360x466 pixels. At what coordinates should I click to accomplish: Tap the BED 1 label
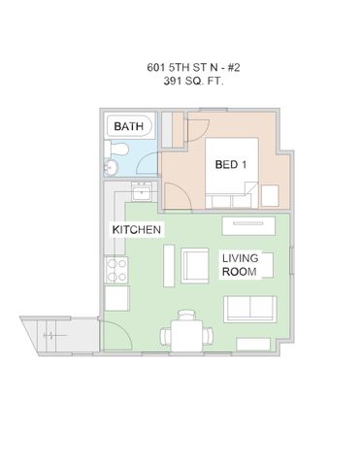pos(230,164)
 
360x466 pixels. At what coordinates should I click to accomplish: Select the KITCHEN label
pos(137,229)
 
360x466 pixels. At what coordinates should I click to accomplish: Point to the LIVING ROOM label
pos(240,266)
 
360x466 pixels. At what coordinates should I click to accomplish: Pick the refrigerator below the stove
pos(115,299)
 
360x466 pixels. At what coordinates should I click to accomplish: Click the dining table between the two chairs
pos(185,336)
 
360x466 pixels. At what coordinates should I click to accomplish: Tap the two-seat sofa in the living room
pos(249,310)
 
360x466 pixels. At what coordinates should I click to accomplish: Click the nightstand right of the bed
pos(268,197)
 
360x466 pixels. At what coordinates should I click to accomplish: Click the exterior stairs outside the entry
pos(53,336)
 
